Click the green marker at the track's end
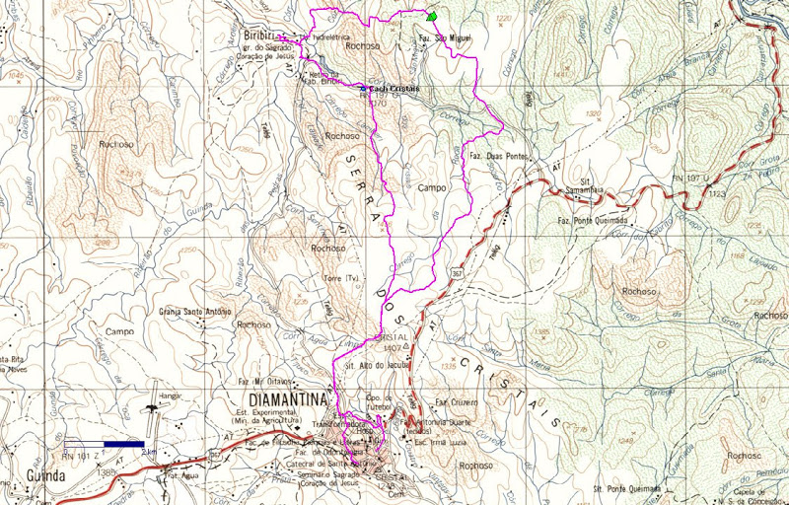tap(430, 17)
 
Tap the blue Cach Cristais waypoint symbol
tap(363, 89)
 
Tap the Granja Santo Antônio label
tap(194, 312)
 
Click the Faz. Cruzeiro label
tap(456, 402)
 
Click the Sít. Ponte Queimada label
tap(627, 488)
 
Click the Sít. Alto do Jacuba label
tap(377, 365)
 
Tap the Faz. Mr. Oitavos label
tap(267, 382)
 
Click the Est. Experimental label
tap(266, 411)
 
